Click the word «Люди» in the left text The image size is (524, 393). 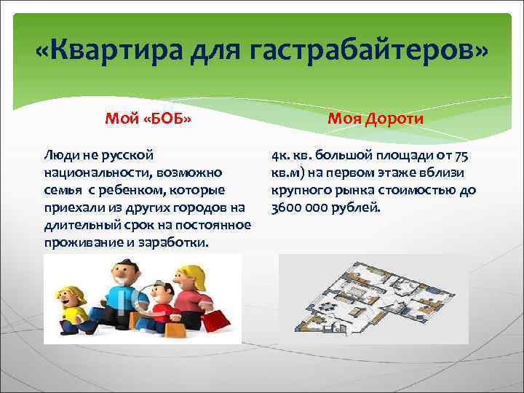pos(58,155)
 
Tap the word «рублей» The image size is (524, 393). pos(356,207)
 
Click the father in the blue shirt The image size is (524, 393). pos(124,295)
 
